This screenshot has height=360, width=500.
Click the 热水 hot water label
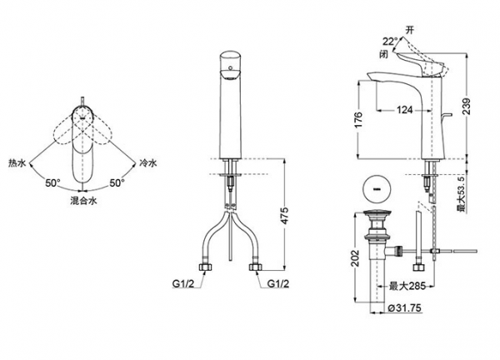[x=17, y=163]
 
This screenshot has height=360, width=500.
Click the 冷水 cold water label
[x=148, y=163]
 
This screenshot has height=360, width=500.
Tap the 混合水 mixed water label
[x=83, y=201]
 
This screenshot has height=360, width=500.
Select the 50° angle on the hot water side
[x=52, y=183]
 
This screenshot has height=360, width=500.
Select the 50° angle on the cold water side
[x=117, y=183]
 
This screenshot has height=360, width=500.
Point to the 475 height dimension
[x=284, y=216]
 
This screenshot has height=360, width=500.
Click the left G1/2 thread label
[x=183, y=283]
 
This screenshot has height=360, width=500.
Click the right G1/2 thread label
[x=278, y=283]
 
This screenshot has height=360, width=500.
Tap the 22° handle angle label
[x=390, y=42]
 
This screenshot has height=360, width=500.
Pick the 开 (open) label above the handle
[x=410, y=30]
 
